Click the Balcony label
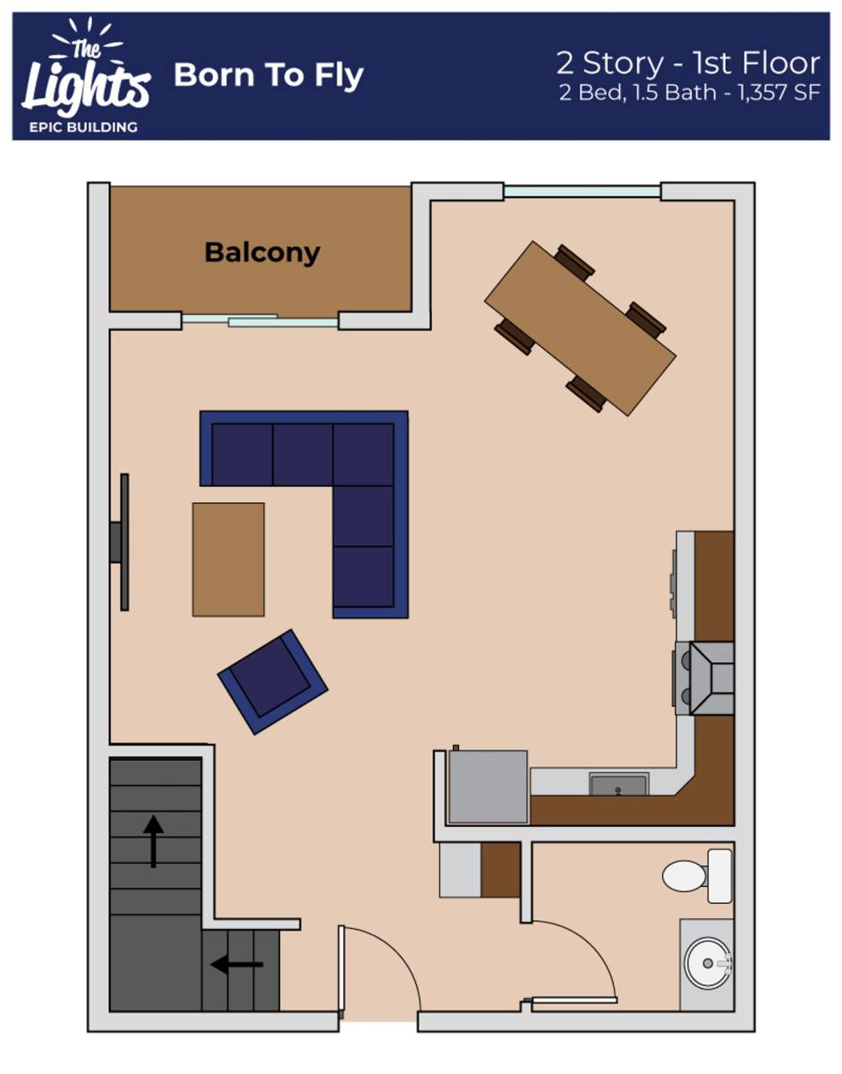(262, 253)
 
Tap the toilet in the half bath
(697, 876)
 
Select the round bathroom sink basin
(707, 963)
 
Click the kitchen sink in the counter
(618, 784)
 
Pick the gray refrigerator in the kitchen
(487, 787)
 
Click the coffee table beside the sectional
(228, 559)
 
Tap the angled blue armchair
(273, 682)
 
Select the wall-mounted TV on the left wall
(122, 542)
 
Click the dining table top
(580, 328)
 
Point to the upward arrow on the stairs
(154, 841)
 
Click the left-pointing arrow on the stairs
(237, 964)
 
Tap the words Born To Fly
(268, 75)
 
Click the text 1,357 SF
(779, 92)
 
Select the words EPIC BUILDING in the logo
(83, 127)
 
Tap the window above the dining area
(583, 192)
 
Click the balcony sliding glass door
(259, 320)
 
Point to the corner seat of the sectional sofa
(363, 455)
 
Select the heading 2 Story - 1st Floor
(688, 64)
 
